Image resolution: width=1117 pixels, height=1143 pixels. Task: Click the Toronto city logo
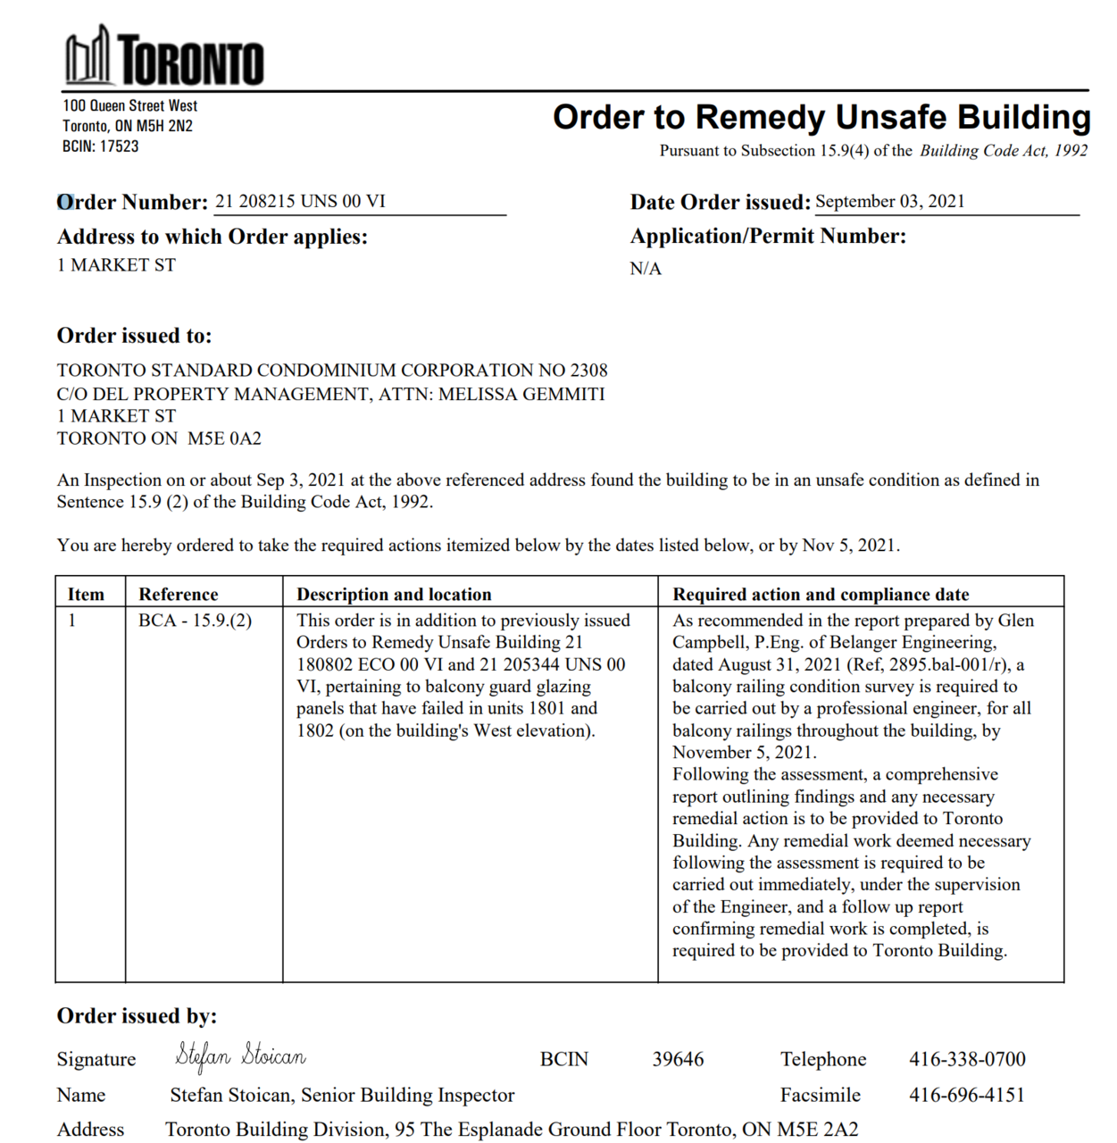tap(164, 57)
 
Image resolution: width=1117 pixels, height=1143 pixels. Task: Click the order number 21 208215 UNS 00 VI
tap(300, 202)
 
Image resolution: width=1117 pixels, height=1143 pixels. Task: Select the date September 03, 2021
tap(890, 202)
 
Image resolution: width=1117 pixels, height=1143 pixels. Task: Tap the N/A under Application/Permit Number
tap(646, 269)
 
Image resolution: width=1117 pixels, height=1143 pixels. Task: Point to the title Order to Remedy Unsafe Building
tap(821, 118)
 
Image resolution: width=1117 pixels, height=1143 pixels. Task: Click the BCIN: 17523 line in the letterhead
tap(101, 146)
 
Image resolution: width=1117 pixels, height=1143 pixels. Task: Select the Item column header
tap(86, 595)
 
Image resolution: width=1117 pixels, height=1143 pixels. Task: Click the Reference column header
tap(179, 595)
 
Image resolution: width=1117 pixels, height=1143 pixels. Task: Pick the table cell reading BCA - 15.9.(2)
tap(196, 621)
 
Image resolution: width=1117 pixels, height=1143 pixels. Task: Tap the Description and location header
tap(394, 595)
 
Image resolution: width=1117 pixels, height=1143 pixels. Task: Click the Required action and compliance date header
tap(821, 595)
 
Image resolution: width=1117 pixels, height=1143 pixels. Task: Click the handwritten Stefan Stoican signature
tap(241, 1056)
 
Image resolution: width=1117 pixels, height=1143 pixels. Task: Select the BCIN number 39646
tap(678, 1060)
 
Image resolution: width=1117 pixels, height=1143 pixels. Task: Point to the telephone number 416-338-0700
tap(967, 1060)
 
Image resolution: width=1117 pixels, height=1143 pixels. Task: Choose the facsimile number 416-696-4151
tap(967, 1096)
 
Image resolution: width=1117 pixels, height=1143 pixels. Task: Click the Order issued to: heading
tap(135, 336)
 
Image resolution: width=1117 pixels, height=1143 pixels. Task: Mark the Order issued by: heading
tap(137, 1016)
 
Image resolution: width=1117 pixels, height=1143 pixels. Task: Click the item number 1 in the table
tap(72, 621)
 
